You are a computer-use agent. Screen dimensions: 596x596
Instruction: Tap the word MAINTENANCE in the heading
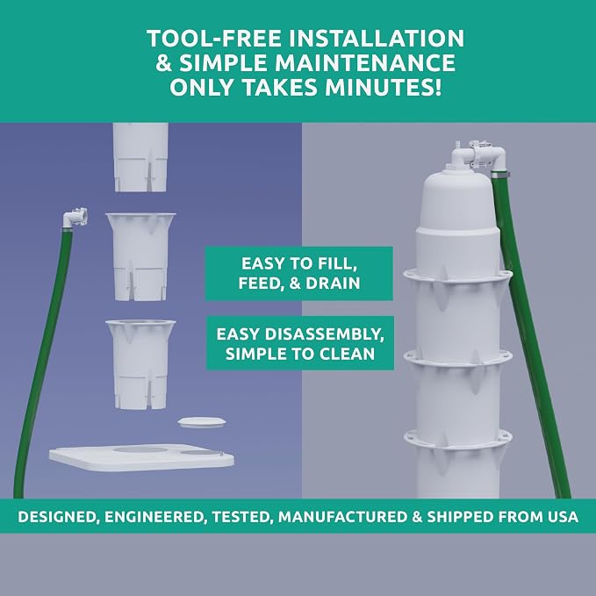pos(365,62)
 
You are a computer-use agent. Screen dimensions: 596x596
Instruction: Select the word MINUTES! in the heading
pos(384,87)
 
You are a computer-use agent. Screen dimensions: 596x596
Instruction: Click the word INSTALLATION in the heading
pos(377,39)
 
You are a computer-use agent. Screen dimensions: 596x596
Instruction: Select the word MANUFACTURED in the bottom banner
pos(342,516)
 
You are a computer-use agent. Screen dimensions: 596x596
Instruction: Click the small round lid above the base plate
pos(202,422)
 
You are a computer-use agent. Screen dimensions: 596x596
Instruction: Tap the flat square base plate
pos(141,457)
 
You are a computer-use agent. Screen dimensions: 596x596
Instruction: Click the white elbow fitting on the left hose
pos(76,218)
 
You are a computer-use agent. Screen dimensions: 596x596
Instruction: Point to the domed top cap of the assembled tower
pos(457,200)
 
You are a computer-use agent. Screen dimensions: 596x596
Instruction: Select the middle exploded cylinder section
pos(140,257)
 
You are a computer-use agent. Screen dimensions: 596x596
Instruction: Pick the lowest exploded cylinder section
pos(140,365)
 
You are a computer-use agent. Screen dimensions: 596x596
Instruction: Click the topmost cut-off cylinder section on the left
pos(140,157)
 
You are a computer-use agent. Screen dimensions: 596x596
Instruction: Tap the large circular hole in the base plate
pos(140,450)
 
